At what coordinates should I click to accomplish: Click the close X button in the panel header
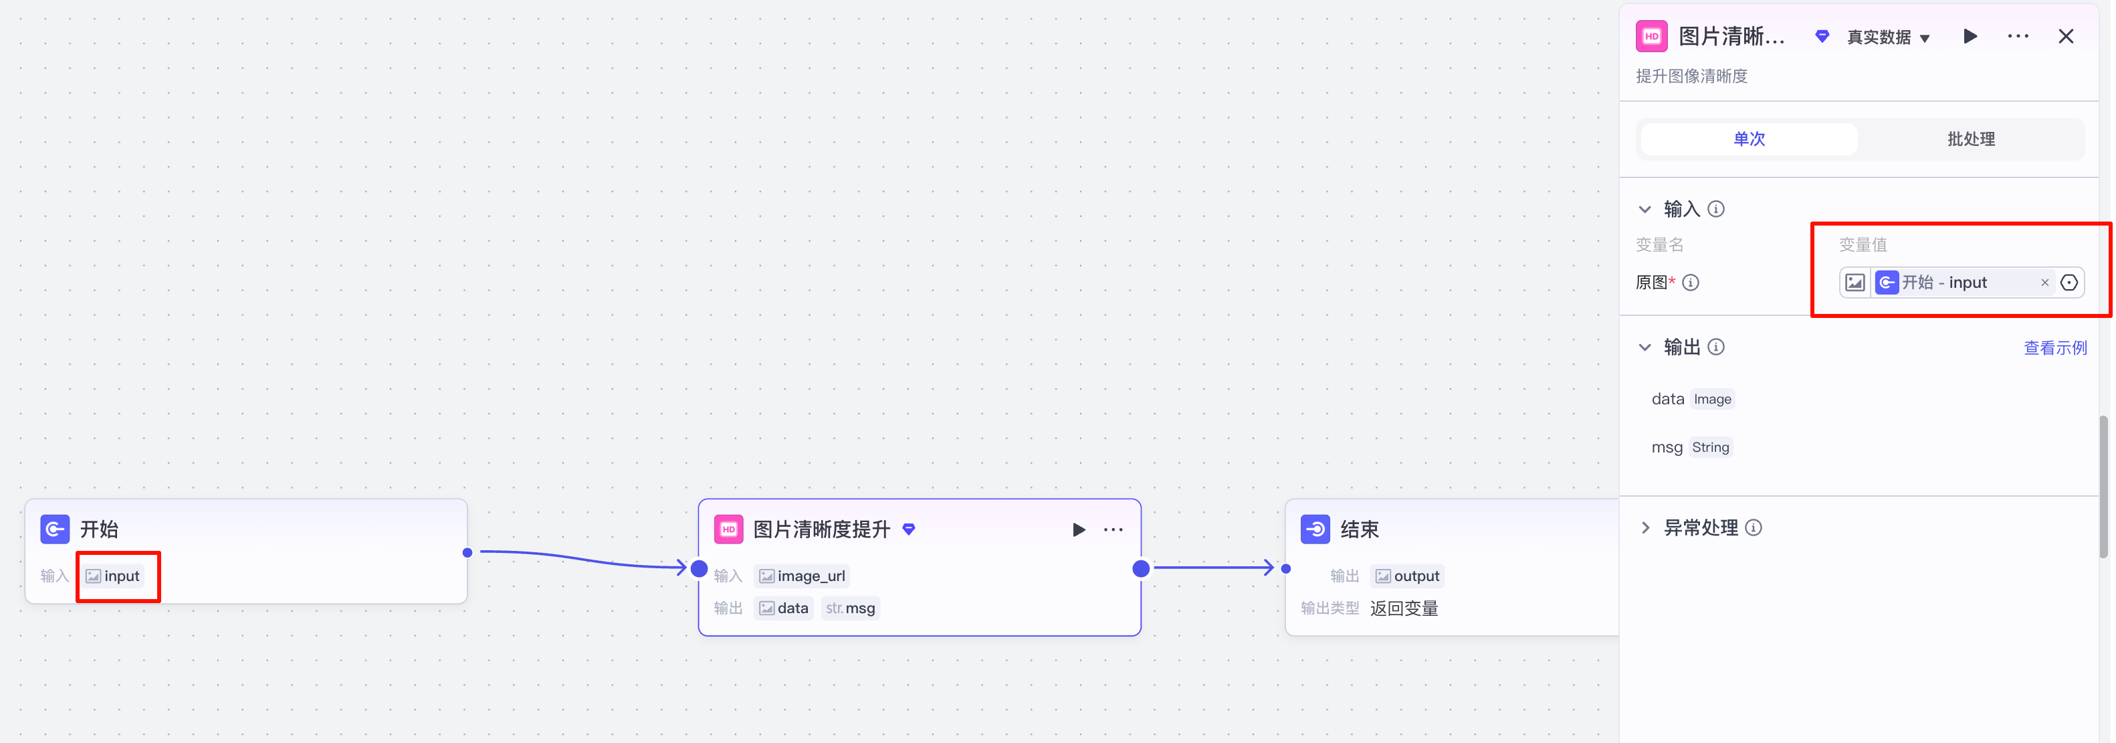pos(2065,36)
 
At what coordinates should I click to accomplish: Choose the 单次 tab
pos(1749,139)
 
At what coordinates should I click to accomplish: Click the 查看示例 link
pos(2054,347)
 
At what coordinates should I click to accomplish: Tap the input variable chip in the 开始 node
pos(114,576)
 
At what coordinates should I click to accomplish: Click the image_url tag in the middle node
pos(802,576)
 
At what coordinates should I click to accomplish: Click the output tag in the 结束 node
pos(1407,576)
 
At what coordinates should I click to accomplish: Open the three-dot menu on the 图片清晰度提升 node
pos(1113,529)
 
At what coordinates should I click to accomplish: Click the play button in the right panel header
pos(1970,36)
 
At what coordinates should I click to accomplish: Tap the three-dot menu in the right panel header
pos(2018,36)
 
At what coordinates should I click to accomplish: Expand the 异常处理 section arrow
pos(1645,527)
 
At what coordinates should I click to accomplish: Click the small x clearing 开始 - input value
pos(2044,282)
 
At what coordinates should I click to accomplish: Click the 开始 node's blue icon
pos(55,529)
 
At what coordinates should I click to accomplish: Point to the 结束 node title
pos(1360,529)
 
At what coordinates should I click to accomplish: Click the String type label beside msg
pos(1710,447)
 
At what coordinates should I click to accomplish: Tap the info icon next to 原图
pos(1691,282)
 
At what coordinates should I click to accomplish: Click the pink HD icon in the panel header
pos(1651,36)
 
